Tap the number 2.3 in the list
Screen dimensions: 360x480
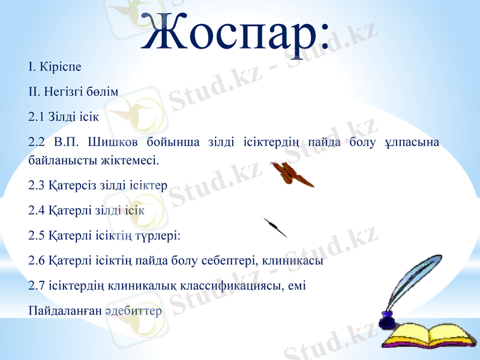click(36, 185)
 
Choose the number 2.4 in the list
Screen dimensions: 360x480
click(36, 211)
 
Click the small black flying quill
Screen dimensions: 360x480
click(275, 228)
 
